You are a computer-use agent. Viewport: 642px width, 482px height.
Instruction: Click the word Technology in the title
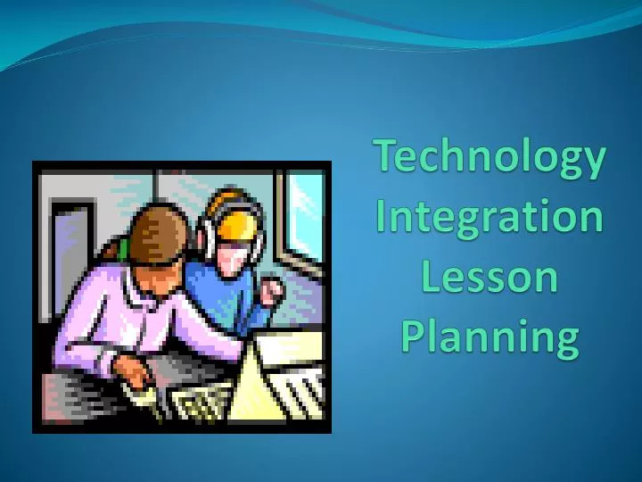[x=490, y=158]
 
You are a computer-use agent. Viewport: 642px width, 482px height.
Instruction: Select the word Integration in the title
[x=490, y=218]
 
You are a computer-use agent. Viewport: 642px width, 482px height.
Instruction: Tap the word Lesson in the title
[x=490, y=277]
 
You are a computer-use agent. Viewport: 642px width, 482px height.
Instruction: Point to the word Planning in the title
[x=490, y=337]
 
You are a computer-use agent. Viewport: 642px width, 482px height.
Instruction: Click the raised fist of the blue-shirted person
[x=270, y=290]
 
